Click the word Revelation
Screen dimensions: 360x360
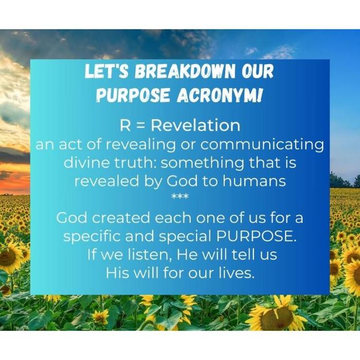tap(195, 125)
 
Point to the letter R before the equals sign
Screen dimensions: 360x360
tap(124, 125)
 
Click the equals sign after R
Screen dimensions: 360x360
tap(140, 125)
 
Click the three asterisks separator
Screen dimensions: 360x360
tap(180, 197)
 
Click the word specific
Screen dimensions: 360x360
tap(92, 237)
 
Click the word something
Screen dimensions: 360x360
tap(203, 163)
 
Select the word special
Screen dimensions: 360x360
tap(184, 237)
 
